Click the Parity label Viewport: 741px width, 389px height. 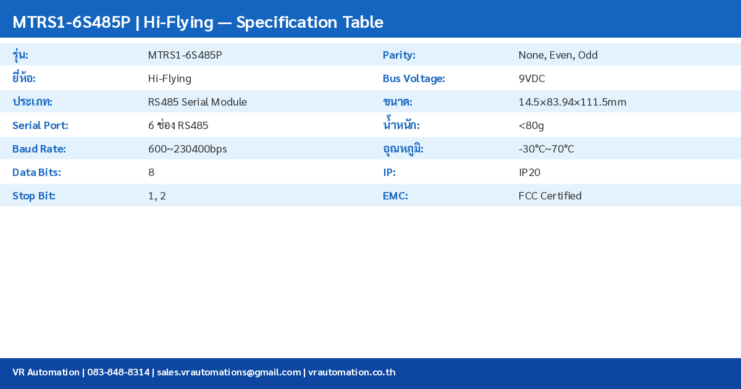click(399, 55)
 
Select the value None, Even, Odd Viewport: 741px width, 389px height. click(558, 55)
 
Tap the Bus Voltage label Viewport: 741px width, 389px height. click(414, 78)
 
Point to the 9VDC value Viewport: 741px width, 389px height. click(532, 78)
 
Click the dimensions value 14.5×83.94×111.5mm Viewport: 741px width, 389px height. click(572, 102)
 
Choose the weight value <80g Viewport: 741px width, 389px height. click(531, 125)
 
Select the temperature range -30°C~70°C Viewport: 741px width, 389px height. click(546, 149)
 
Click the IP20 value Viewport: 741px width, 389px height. click(529, 172)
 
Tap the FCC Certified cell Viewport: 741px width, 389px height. click(550, 196)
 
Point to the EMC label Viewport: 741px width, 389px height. click(395, 196)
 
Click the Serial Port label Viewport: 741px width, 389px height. click(40, 125)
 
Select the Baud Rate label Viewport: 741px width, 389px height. click(39, 149)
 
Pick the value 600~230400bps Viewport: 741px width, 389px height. click(187, 149)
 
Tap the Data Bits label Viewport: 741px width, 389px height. click(36, 172)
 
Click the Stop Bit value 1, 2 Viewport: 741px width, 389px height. click(157, 196)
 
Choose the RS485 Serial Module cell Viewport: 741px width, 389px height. click(197, 102)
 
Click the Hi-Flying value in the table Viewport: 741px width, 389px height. click(169, 78)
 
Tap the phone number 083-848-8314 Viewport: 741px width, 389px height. click(118, 372)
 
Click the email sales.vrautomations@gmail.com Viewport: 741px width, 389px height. click(228, 372)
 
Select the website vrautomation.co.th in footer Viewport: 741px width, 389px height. click(351, 372)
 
